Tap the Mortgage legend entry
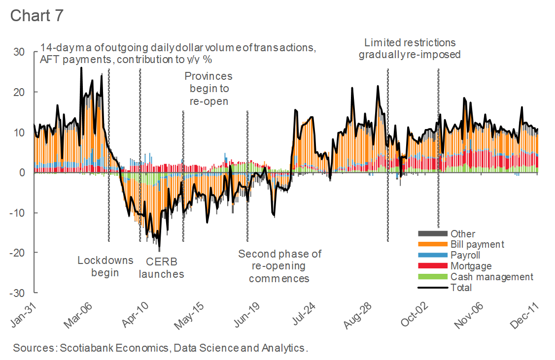click(x=471, y=266)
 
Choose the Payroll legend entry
click(x=465, y=255)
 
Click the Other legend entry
click(x=462, y=233)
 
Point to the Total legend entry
click(x=461, y=288)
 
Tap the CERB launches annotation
click(x=161, y=268)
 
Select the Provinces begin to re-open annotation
click(x=208, y=89)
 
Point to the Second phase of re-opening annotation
click(x=279, y=266)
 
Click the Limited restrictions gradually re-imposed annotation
click(x=410, y=48)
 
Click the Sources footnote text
click(x=160, y=348)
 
